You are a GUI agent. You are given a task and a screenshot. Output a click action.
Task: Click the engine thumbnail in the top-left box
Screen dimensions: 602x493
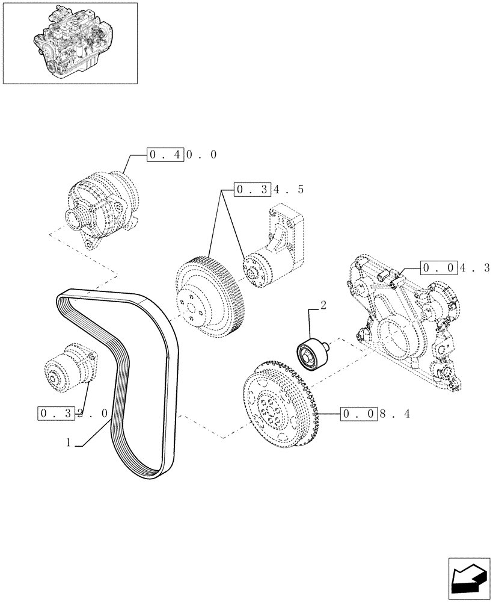coord(70,42)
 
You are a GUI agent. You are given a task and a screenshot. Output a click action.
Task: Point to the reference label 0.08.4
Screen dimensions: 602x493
coord(375,414)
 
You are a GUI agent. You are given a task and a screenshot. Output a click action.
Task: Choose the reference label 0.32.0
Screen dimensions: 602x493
coord(73,414)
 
